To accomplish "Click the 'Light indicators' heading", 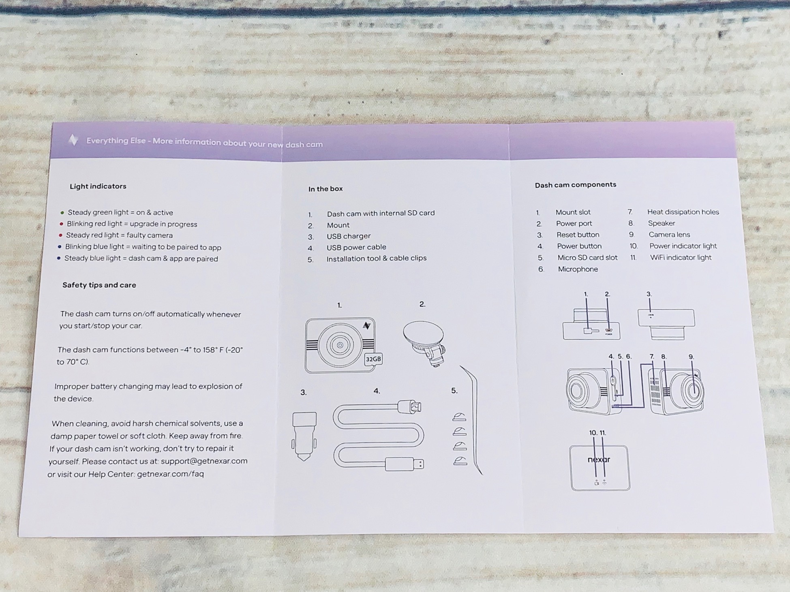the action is (x=98, y=186).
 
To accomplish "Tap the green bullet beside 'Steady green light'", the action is (x=62, y=212).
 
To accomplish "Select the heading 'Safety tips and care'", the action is (x=99, y=285).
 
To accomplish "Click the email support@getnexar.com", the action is (x=204, y=461).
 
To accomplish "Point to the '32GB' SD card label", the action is (x=373, y=359).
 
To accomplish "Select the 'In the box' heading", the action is (x=325, y=189).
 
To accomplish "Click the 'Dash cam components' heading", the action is (x=576, y=185).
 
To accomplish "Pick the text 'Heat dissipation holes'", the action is (x=683, y=212).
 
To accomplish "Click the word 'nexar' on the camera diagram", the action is (x=599, y=459).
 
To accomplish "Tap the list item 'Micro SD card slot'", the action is (x=587, y=258).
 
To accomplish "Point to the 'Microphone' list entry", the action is (x=578, y=269).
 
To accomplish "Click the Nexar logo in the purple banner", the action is (x=73, y=140).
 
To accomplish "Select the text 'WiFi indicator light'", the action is (x=681, y=257).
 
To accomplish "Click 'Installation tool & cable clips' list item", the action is (x=377, y=258).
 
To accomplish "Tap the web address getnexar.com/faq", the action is (x=170, y=474).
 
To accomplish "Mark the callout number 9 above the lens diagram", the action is (x=691, y=357).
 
